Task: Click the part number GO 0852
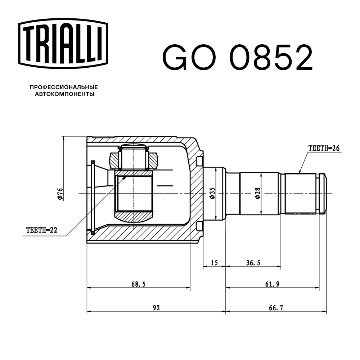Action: point(238,58)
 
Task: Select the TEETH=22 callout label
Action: point(42,230)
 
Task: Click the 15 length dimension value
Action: point(214,263)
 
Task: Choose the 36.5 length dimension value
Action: point(253,263)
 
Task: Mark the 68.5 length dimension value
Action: point(138,284)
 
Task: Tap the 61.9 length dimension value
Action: point(273,284)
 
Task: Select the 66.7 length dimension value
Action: point(275,308)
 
